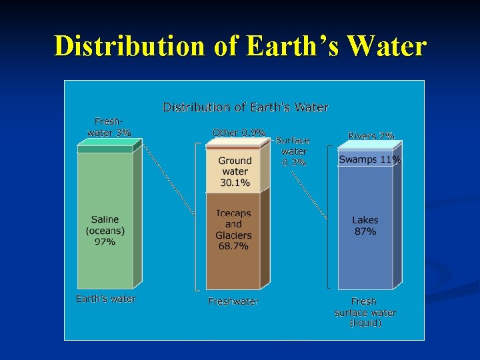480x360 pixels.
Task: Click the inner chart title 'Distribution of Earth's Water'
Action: coord(245,107)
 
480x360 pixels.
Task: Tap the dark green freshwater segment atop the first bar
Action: coord(105,149)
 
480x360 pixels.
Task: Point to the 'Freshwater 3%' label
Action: coord(109,127)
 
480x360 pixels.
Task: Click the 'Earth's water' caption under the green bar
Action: coord(105,299)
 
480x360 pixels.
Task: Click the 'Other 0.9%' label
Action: coord(239,133)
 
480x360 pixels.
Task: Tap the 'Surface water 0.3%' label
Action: coord(293,151)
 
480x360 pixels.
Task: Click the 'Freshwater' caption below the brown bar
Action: coord(233,301)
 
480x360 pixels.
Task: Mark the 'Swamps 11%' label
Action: coord(369,160)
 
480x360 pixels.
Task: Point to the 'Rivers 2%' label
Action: coord(371,135)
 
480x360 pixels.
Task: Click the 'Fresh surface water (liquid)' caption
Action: coord(365,312)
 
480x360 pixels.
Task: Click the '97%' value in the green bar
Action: coord(105,241)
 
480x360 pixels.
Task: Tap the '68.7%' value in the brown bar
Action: coord(233,246)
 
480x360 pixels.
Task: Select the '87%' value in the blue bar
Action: coord(365,231)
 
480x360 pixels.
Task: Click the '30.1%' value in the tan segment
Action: coord(235,182)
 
